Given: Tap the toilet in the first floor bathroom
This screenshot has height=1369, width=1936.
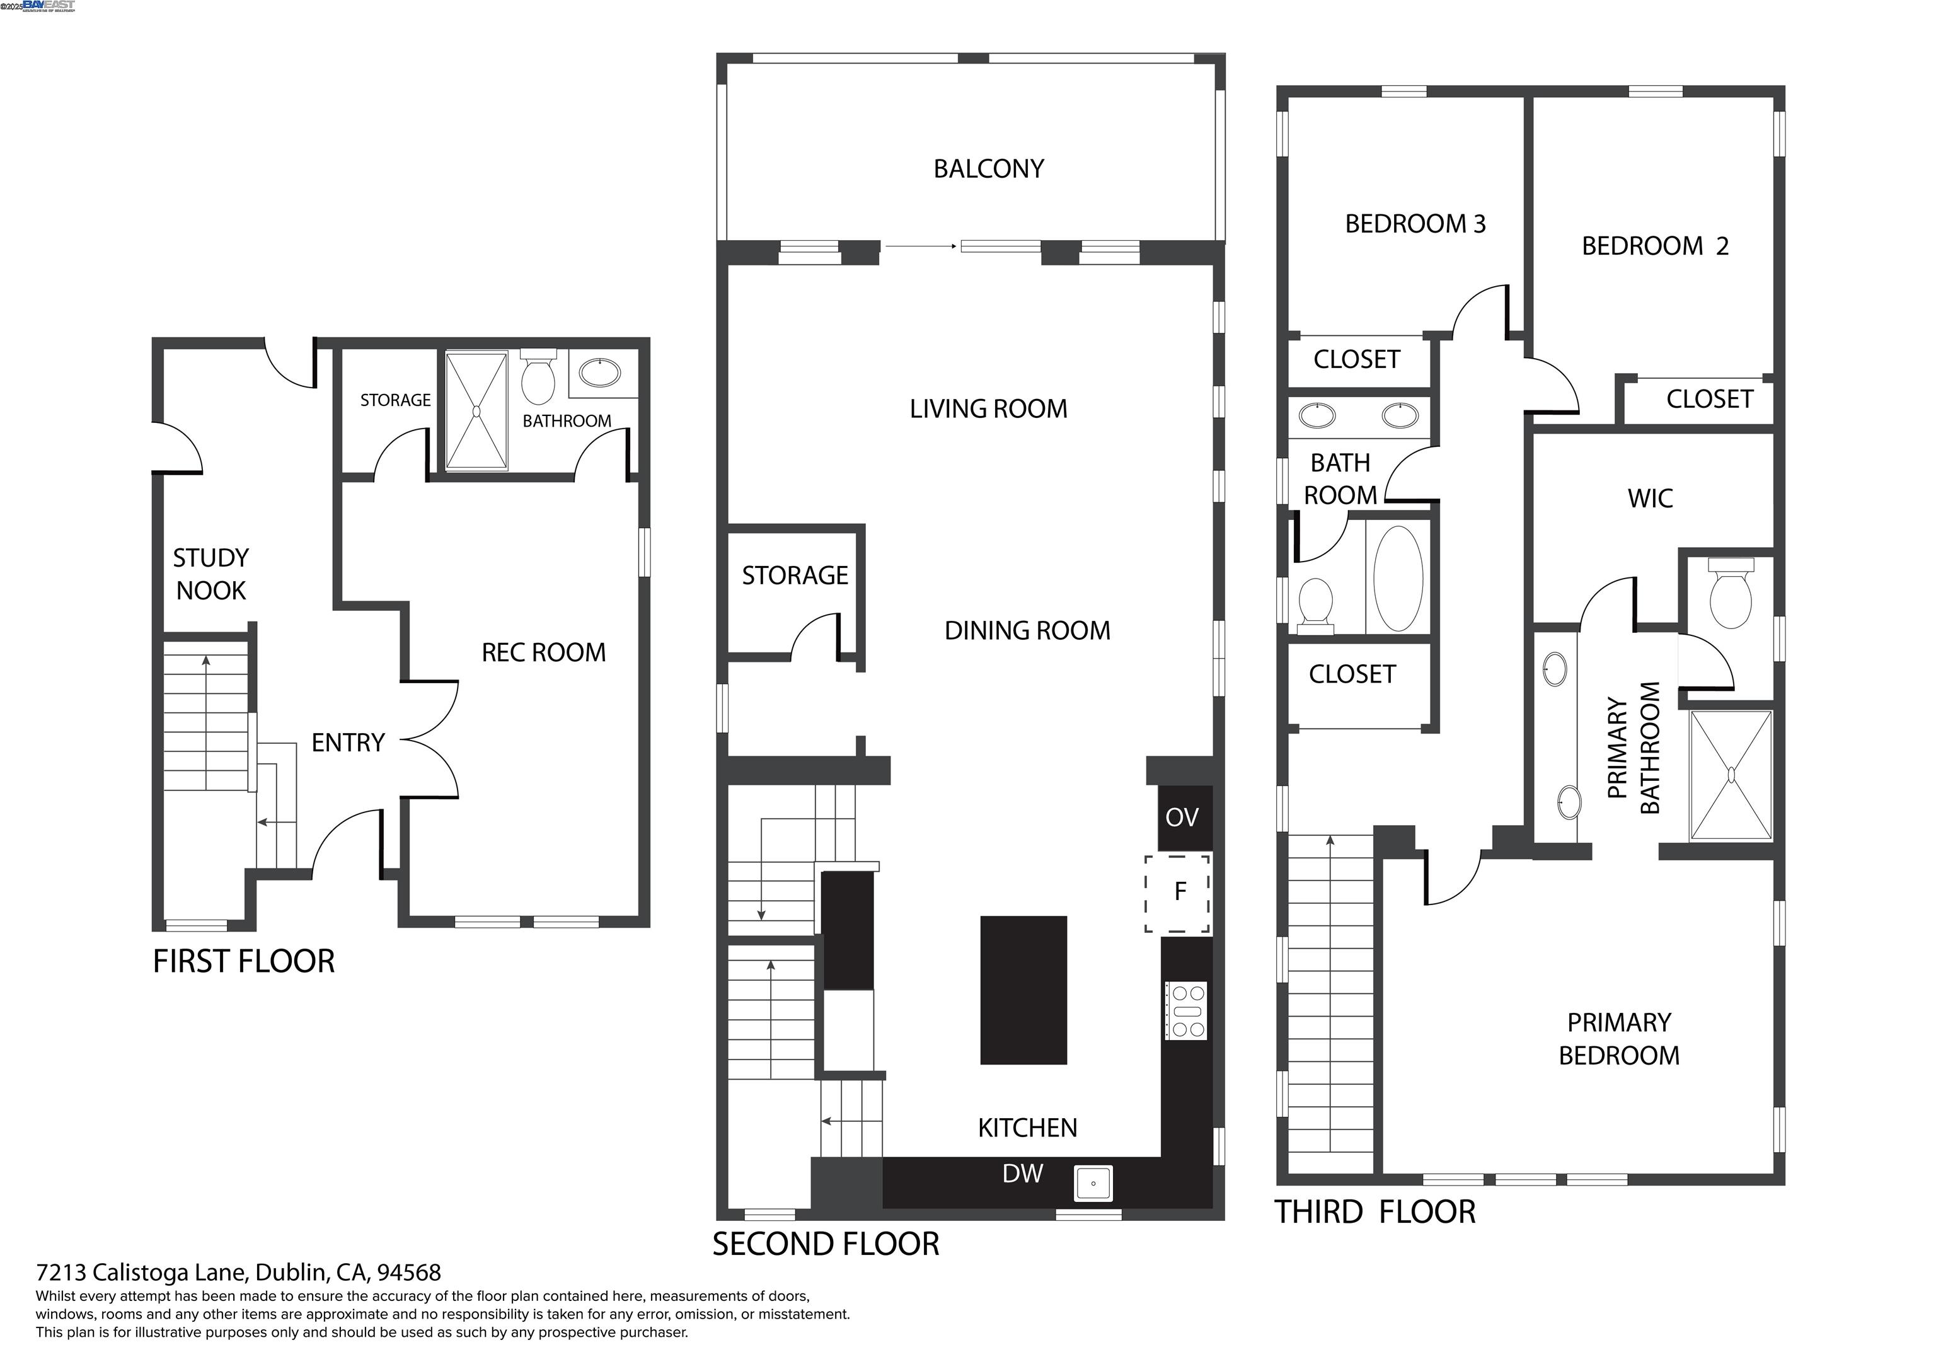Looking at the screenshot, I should [538, 379].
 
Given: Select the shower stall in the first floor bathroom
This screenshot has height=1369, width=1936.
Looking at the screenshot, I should [476, 411].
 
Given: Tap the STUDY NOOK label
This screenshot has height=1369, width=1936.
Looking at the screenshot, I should [210, 574].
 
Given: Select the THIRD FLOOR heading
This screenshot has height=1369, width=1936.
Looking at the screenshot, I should [1374, 1212].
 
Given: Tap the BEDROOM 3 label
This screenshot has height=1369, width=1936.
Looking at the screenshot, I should [1415, 224].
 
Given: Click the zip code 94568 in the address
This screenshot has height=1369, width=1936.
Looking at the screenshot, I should [409, 1272].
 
